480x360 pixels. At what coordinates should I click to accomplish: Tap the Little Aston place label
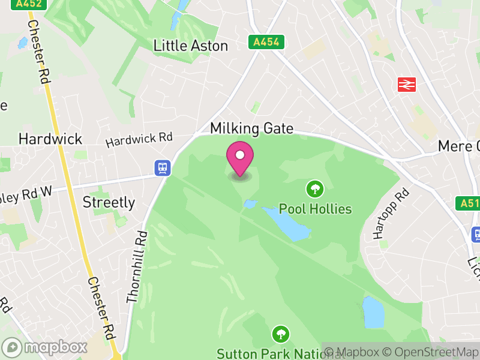(191, 46)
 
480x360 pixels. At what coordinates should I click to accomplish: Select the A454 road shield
(266, 42)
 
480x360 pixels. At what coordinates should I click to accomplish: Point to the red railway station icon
(407, 85)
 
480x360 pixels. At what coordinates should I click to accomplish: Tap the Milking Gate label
(252, 128)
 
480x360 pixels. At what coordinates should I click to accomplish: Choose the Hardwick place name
(50, 139)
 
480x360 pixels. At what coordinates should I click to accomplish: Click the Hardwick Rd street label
(139, 140)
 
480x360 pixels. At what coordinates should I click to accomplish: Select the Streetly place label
(109, 202)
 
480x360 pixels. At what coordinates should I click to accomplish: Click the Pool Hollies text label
(323, 209)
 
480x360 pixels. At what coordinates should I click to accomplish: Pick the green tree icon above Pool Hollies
(314, 190)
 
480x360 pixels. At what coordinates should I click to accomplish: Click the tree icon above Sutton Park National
(280, 334)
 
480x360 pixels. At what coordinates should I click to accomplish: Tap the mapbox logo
(45, 347)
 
